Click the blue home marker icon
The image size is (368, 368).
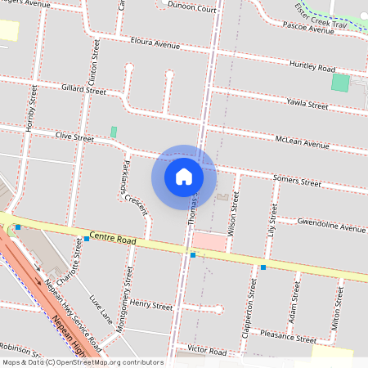[184, 176]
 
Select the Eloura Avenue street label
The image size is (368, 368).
[154, 43]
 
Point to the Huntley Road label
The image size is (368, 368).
[312, 67]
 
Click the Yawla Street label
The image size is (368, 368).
[307, 104]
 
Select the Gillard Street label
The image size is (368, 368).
[83, 89]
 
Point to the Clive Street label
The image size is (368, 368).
[75, 137]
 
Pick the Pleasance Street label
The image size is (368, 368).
[287, 336]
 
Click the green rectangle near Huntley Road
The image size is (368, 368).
[339, 83]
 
